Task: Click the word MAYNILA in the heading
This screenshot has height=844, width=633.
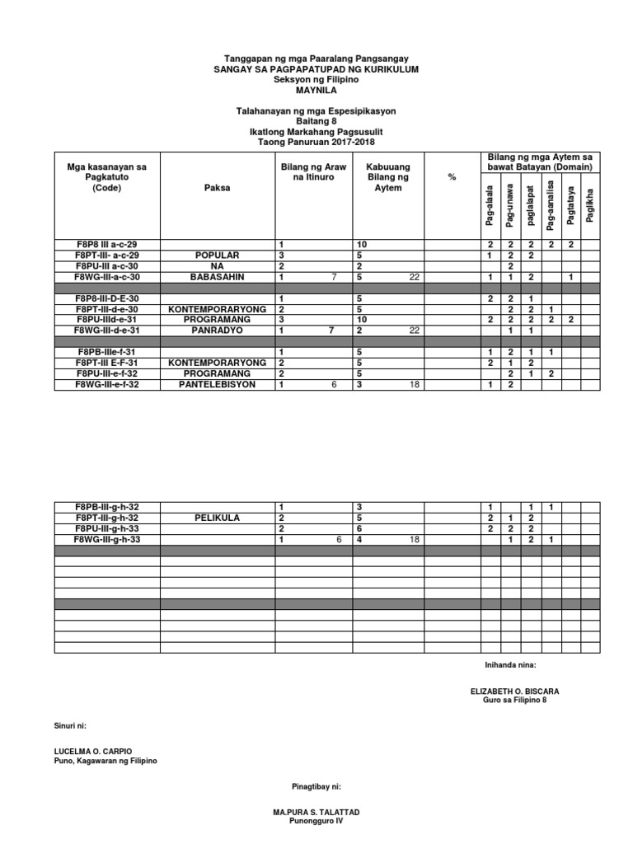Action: coord(316,91)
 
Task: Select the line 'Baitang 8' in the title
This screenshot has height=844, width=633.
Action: coord(316,121)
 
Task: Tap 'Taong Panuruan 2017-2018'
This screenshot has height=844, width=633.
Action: coord(316,143)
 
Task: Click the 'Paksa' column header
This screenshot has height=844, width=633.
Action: coord(218,188)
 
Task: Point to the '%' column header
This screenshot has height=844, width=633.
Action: coord(452,178)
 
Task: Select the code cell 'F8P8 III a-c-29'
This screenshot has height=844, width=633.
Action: coord(107,245)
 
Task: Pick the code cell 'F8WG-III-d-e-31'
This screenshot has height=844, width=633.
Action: coord(107,330)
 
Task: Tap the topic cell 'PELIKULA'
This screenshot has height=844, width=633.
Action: coord(218,518)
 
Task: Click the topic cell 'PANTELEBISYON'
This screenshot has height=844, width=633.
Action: coord(218,384)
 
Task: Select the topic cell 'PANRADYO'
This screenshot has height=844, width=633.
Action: coord(218,330)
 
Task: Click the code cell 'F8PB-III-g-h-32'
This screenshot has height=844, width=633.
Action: coord(107,506)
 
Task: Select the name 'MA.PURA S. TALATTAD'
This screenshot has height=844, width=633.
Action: coord(316,813)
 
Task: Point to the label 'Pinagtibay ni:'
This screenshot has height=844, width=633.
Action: coord(316,788)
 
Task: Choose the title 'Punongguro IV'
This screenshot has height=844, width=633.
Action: coord(316,822)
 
